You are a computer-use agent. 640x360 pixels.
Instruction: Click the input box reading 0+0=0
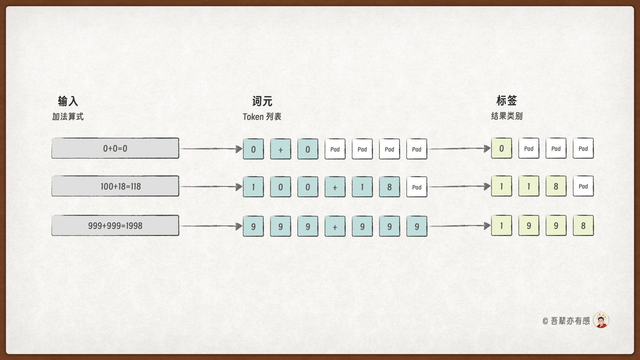115,148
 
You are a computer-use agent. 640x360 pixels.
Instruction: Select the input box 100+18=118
115,186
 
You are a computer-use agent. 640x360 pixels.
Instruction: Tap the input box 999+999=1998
115,226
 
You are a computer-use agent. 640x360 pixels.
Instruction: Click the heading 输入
68,101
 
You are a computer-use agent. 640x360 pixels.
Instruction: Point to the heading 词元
262,101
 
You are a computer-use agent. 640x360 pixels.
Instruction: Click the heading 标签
506,100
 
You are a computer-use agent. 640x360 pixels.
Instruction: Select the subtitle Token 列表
262,117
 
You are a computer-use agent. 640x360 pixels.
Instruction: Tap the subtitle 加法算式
68,117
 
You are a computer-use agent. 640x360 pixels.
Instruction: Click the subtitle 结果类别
506,116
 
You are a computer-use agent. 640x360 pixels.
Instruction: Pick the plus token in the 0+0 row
280,149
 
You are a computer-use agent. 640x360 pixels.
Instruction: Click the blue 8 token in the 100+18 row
389,187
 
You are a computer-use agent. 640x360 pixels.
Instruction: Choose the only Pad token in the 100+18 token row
417,187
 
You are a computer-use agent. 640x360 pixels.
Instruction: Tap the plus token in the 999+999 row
335,227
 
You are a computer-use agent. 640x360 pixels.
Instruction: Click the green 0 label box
501,149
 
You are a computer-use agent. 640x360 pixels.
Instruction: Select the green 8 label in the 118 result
556,186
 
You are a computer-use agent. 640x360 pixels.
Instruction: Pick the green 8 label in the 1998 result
583,226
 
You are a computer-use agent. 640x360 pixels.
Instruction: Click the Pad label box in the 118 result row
583,186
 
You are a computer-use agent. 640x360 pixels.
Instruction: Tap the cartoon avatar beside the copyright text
601,320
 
